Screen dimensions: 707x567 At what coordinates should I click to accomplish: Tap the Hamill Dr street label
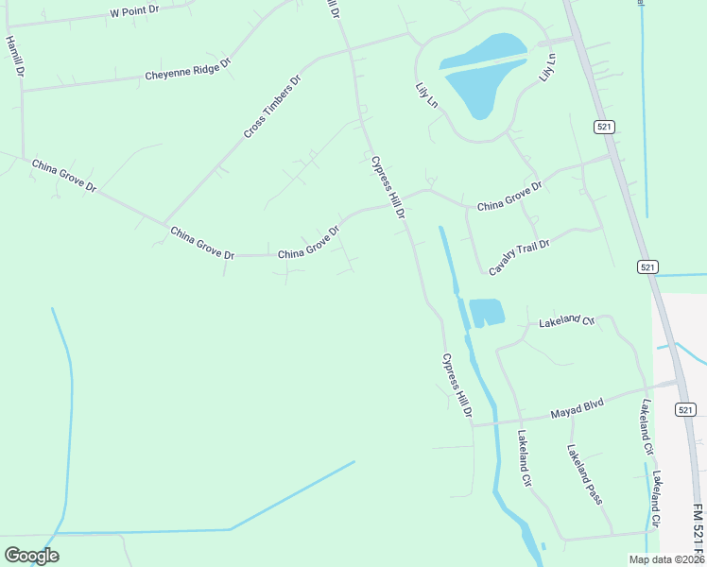(x=13, y=58)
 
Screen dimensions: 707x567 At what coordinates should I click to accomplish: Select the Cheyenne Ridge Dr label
(x=187, y=70)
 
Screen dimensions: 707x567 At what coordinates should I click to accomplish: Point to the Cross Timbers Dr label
(x=271, y=106)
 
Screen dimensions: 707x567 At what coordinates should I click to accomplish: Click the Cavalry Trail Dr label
(x=519, y=257)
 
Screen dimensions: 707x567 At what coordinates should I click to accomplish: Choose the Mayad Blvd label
(x=577, y=409)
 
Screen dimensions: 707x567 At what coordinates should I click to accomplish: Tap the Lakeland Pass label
(x=585, y=474)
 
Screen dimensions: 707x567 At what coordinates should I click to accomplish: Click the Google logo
(x=31, y=556)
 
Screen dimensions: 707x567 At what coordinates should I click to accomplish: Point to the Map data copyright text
(x=666, y=559)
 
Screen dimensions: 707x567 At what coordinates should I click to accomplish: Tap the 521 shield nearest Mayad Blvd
(x=686, y=409)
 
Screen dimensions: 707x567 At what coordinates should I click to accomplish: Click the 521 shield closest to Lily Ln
(x=606, y=126)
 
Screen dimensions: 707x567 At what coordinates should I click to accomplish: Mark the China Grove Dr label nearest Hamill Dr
(x=64, y=176)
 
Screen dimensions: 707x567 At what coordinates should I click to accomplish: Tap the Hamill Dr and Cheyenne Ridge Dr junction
(x=21, y=91)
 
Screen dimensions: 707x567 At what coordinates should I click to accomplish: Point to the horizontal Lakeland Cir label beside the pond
(x=565, y=322)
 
